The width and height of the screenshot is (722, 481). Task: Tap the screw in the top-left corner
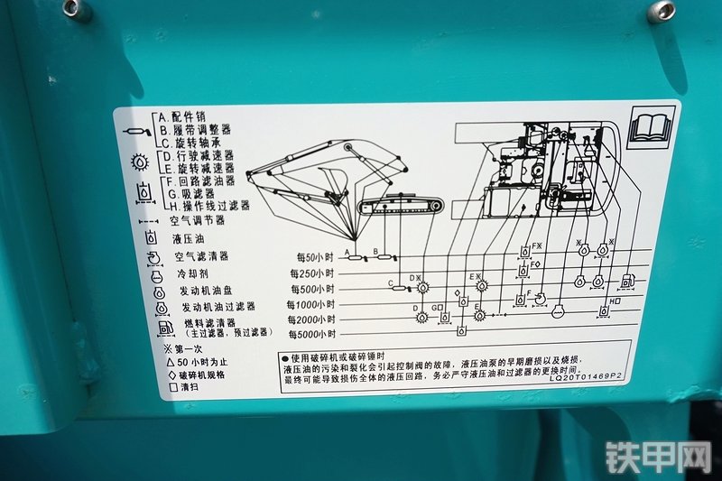pos(76,10)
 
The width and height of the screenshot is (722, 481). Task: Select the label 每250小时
pos(312,273)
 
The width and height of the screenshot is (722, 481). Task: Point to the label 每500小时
pos(312,288)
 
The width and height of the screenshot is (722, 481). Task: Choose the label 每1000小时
pos(310,304)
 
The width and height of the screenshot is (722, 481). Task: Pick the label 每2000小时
pos(310,319)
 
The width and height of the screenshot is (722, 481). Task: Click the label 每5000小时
pos(310,335)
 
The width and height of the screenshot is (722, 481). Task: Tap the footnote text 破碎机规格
pos(201,375)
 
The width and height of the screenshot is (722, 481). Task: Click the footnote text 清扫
pos(187,388)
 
